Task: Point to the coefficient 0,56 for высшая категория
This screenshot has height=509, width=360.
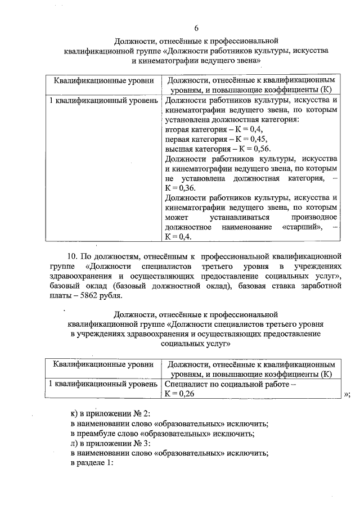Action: (259, 149)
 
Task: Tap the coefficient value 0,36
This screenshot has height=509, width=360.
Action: (178, 188)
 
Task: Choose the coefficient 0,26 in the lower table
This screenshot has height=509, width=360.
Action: (179, 393)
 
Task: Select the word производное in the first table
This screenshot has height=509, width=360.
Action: (313, 217)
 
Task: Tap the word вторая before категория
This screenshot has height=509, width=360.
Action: (178, 129)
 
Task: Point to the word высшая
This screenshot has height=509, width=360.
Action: (179, 149)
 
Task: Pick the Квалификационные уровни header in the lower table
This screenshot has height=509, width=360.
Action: (103, 364)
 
